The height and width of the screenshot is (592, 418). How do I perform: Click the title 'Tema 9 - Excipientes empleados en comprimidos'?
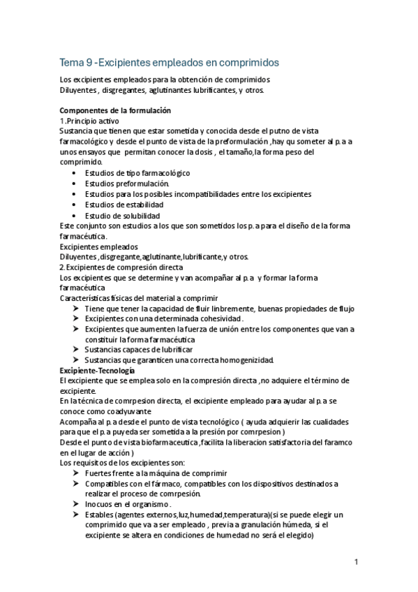pos(169,61)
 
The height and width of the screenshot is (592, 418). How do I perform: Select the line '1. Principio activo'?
pos(91,121)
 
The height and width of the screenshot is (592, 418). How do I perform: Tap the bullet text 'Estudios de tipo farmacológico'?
pos(137,172)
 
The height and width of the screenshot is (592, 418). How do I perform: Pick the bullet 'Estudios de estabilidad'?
pos(124,205)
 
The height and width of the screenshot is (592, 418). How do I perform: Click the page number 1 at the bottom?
pos(356,561)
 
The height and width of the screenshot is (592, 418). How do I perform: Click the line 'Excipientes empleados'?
pos(98,246)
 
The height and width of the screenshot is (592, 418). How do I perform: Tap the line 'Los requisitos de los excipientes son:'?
pos(122,462)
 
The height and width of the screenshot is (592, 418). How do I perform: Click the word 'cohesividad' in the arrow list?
pos(218,318)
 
